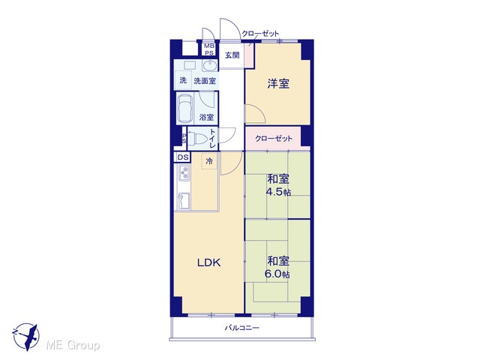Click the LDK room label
click(x=208, y=262)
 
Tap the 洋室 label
click(x=278, y=83)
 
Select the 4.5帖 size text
click(x=278, y=192)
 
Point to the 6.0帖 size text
click(x=277, y=274)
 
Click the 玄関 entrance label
click(x=232, y=55)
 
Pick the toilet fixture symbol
click(x=195, y=138)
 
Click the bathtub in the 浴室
click(x=185, y=108)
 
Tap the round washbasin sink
click(x=210, y=65)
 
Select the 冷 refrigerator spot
click(x=209, y=161)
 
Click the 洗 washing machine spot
click(x=183, y=80)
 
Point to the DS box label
click(x=183, y=157)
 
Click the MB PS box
click(x=210, y=49)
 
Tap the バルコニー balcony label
click(x=242, y=328)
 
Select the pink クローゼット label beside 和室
click(x=274, y=138)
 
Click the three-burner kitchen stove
click(x=184, y=172)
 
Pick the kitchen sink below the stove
click(x=184, y=201)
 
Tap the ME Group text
click(x=73, y=345)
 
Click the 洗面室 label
click(x=205, y=81)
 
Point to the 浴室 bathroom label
click(x=206, y=117)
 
